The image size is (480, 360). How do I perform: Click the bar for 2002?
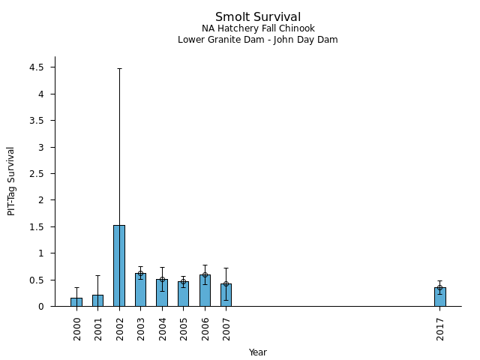(x=119, y=265)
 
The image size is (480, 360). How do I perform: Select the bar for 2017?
(x=439, y=297)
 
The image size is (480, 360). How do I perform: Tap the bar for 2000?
(x=76, y=302)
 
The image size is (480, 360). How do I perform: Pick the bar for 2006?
(x=205, y=290)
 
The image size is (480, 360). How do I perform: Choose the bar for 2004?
(x=162, y=292)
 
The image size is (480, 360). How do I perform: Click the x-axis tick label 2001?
(x=98, y=328)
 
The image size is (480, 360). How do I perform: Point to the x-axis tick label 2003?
(x=141, y=328)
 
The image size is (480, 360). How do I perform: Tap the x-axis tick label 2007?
(x=226, y=328)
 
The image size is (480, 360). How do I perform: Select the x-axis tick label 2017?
(x=440, y=328)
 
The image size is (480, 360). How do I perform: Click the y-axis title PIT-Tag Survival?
(x=11, y=181)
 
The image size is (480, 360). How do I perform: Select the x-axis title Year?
(x=257, y=352)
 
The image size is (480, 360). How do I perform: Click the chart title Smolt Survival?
(x=257, y=17)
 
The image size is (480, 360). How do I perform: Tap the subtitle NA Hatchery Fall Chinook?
(x=257, y=29)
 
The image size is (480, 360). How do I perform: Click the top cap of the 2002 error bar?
(x=119, y=68)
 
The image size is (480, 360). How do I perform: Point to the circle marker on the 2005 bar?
(x=183, y=282)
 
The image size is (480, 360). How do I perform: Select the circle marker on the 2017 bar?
(x=439, y=287)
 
